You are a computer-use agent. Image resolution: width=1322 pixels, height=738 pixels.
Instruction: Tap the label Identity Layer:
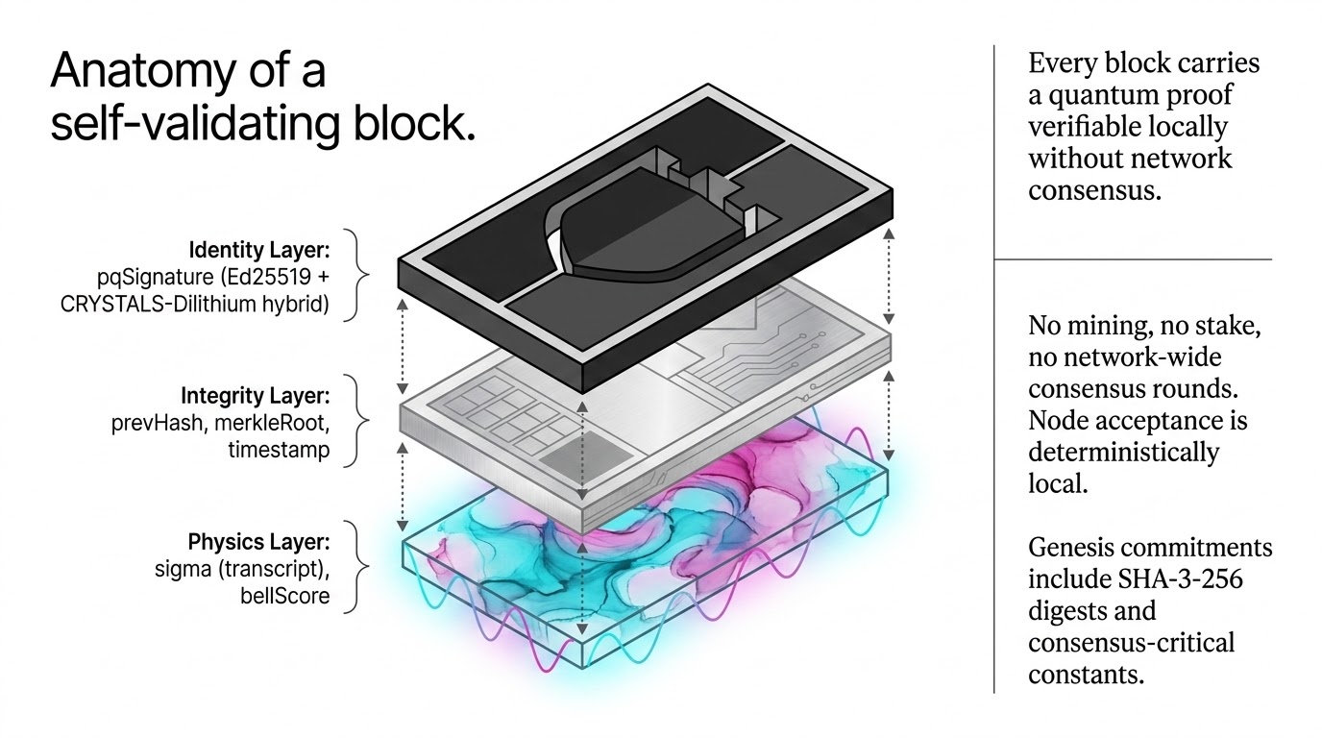pos(259,250)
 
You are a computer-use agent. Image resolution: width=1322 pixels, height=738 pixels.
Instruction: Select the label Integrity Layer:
pos(255,396)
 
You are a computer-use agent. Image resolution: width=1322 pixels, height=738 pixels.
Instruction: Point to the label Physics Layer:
pos(258,541)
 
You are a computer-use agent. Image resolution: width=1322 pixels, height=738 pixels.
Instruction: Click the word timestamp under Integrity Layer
pos(279,450)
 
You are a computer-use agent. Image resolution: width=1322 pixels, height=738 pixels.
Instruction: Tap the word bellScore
pos(284,596)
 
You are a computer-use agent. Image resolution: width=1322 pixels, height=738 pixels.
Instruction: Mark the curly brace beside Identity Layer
pos(361,275)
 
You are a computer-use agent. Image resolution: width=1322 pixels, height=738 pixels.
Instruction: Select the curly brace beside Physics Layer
pos(361,567)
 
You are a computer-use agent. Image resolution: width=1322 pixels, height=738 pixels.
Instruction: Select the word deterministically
pos(1124,453)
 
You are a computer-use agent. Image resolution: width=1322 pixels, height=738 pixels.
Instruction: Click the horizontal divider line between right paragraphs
pos(1133,259)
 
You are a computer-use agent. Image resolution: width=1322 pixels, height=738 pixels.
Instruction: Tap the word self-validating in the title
pos(195,124)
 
